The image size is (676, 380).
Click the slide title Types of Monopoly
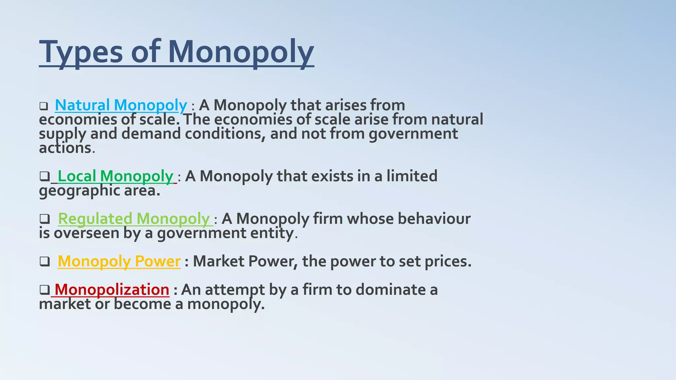pyautogui.click(x=176, y=52)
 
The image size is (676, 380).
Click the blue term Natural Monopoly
pyautogui.click(x=121, y=105)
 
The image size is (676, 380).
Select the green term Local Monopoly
pyautogui.click(x=115, y=176)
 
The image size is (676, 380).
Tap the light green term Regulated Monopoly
pyautogui.click(x=134, y=219)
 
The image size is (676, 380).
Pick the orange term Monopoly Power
pyautogui.click(x=119, y=261)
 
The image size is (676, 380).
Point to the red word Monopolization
pyautogui.click(x=112, y=290)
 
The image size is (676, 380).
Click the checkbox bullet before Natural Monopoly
pyautogui.click(x=44, y=106)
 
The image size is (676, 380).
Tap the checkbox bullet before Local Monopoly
pyautogui.click(x=44, y=176)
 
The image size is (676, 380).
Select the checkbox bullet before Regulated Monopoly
pyautogui.click(x=45, y=219)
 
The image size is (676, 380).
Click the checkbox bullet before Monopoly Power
pyautogui.click(x=45, y=262)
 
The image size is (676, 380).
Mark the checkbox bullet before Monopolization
pyautogui.click(x=44, y=290)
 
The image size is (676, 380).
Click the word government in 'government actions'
pyautogui.click(x=413, y=134)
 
